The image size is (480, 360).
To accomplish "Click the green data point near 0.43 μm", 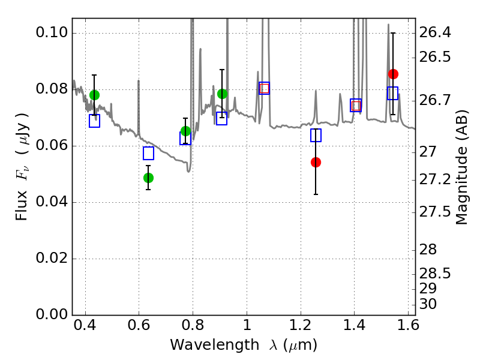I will [x=94, y=95].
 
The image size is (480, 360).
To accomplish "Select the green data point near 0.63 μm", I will [x=148, y=178].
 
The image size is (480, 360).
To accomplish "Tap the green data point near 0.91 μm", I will [x=222, y=94].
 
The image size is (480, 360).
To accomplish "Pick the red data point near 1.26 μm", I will [x=316, y=162].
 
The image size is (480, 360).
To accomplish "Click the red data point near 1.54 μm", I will [x=393, y=74].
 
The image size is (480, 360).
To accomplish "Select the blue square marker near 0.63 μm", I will [x=148, y=153].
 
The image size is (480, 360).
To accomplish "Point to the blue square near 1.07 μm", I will [x=264, y=88].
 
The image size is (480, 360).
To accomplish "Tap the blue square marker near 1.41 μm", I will [x=356, y=105].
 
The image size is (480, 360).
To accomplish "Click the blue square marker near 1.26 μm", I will [x=316, y=135].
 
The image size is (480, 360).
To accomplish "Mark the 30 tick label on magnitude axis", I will [x=429, y=304].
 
